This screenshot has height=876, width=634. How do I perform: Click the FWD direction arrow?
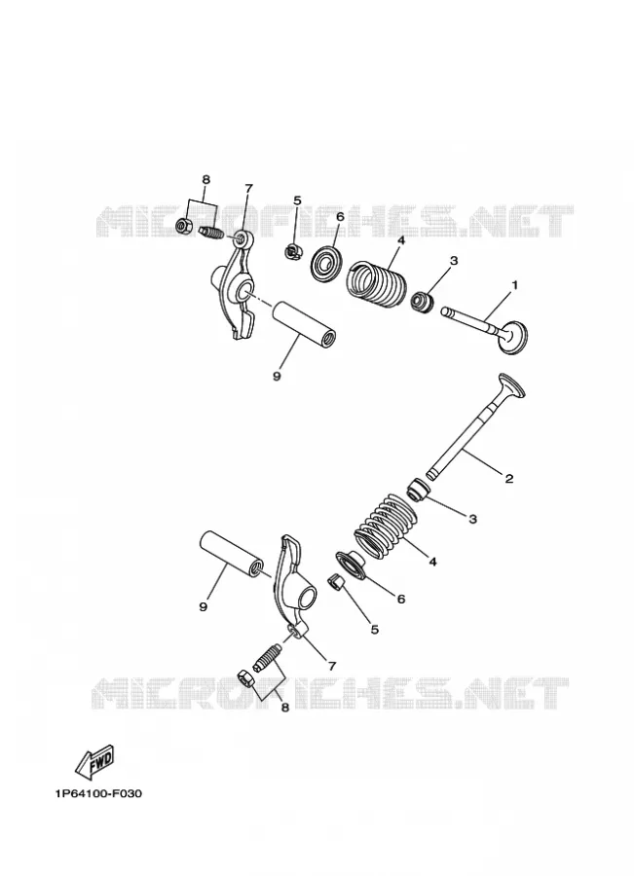[x=94, y=761]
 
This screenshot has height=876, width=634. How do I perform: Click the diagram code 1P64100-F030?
[x=98, y=793]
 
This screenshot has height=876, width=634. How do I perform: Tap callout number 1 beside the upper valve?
[x=514, y=285]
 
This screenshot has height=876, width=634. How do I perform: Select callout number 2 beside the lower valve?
[x=508, y=478]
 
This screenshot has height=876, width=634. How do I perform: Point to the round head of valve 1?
[x=512, y=337]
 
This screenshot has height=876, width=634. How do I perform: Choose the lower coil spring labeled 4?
[x=386, y=525]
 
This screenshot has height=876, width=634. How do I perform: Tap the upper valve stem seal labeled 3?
[x=423, y=301]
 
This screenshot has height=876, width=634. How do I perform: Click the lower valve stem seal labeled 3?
[x=419, y=490]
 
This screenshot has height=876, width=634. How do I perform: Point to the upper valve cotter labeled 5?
[x=292, y=252]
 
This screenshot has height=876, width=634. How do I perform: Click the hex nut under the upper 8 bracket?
[x=184, y=226]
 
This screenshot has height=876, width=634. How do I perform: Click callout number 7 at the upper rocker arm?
[x=248, y=188]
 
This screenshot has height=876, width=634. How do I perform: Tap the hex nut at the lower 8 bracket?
[x=245, y=677]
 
